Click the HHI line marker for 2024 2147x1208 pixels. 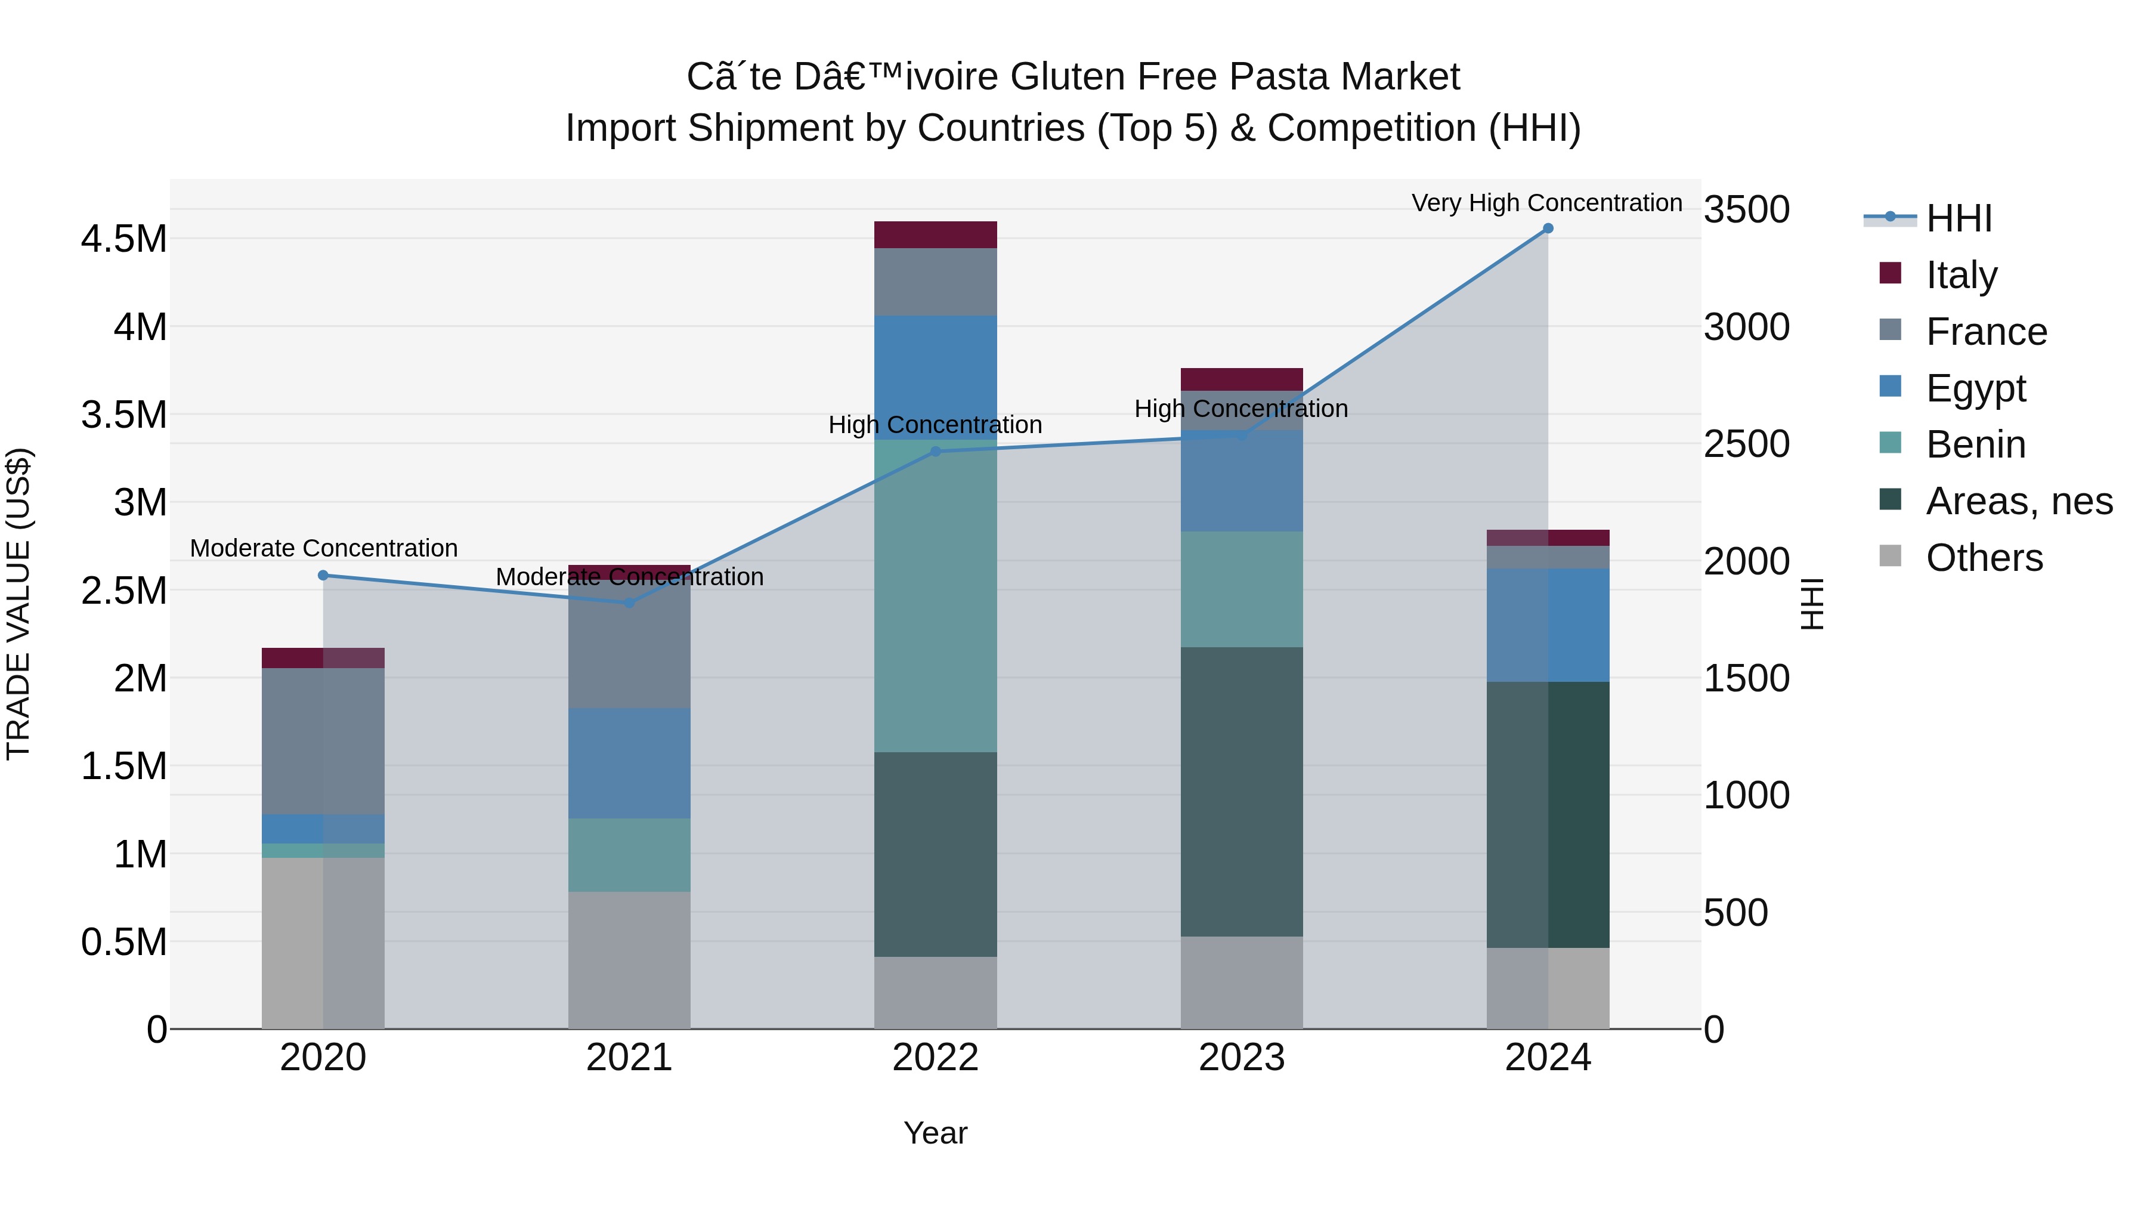point(1548,228)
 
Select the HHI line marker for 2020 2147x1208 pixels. point(323,575)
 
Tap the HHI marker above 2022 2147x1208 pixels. point(935,452)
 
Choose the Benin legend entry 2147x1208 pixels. point(1975,444)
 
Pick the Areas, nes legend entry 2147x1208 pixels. point(2019,501)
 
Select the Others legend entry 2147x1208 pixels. point(1984,558)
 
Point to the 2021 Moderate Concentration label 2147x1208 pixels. point(629,577)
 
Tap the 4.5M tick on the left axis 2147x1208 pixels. point(123,239)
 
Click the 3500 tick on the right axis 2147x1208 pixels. point(1746,209)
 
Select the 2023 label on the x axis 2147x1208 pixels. point(1241,1058)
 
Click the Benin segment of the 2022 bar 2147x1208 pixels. point(935,596)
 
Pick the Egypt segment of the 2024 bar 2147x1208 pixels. point(1548,625)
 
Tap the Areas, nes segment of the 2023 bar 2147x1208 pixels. point(1241,792)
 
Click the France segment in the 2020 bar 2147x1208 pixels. point(323,740)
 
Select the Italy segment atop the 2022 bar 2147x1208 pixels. point(935,234)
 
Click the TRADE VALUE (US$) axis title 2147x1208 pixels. point(18,604)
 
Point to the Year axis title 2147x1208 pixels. point(935,1133)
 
